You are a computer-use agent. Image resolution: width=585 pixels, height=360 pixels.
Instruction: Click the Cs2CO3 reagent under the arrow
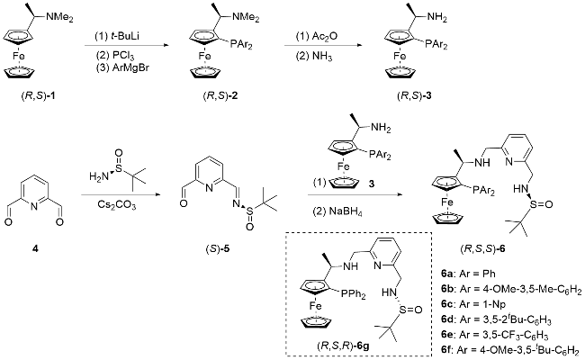coord(118,206)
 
